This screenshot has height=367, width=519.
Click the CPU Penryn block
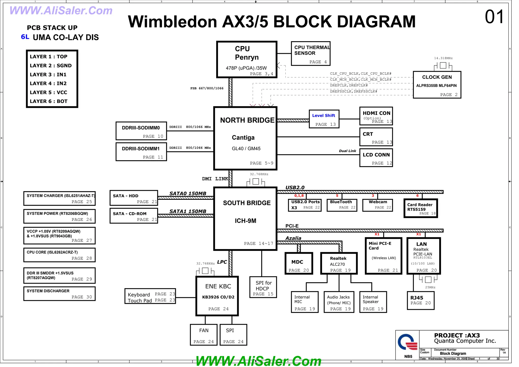coord(247,60)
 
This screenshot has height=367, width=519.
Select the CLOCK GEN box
coord(437,85)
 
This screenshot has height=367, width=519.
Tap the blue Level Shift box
coord(324,119)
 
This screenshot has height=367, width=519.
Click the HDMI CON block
coord(376,116)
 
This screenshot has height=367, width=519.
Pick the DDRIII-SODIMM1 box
coord(141,152)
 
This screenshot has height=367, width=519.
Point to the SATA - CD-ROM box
coord(134,216)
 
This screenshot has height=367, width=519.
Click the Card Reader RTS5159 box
coord(420,208)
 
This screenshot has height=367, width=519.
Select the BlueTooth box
coord(342,205)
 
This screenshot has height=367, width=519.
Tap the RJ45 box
coord(420,301)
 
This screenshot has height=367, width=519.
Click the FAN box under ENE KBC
coord(203,335)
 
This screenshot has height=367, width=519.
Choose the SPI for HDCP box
coord(263,287)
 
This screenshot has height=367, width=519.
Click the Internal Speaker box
coord(373,302)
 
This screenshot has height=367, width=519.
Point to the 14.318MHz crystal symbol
coord(443,65)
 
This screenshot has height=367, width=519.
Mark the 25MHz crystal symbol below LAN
coord(428,279)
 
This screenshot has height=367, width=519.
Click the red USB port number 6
coord(417,196)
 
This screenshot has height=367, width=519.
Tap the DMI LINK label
coord(215,179)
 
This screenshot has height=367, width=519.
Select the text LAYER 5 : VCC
coord(48,92)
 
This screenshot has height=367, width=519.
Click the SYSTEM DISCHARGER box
coord(59,294)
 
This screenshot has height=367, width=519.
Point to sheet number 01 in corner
coord(494,17)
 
